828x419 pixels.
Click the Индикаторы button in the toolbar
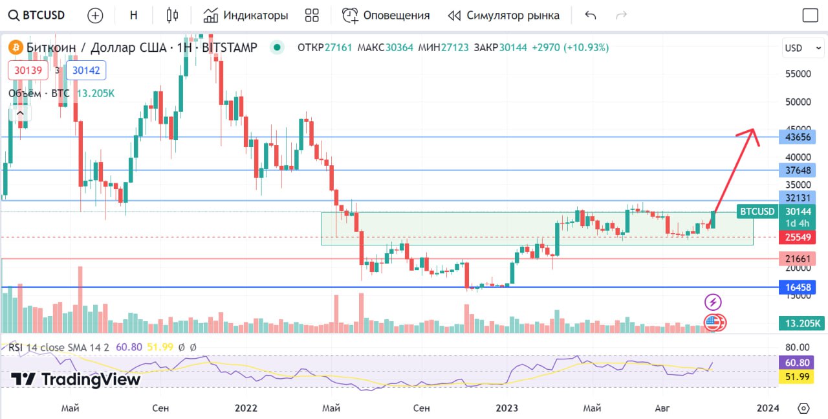pos(246,16)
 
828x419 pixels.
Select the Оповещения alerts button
pos(386,16)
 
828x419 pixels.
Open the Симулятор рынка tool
pos(504,16)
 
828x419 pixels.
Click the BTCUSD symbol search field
pos(39,16)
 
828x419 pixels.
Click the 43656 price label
pos(798,137)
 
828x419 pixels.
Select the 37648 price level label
pos(798,170)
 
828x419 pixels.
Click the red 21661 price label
pos(798,259)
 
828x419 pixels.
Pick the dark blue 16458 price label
pos(798,287)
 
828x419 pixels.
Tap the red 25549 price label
pos(798,237)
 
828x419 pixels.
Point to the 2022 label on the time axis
pos(246,408)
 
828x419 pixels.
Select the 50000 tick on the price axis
pos(798,102)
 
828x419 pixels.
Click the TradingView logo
pos(76,379)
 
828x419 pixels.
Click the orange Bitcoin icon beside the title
pos(15,47)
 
